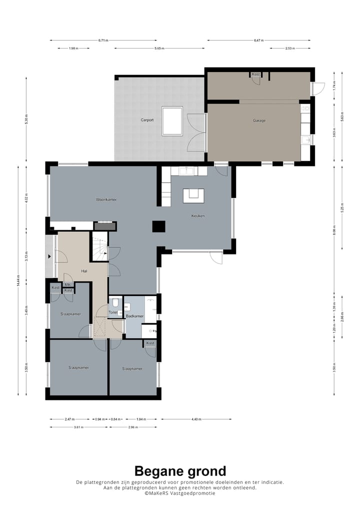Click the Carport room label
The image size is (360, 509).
(147, 120)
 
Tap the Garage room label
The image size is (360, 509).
(259, 120)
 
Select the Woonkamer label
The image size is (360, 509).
(106, 199)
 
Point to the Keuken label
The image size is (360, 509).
(198, 216)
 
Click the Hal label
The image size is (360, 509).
(85, 271)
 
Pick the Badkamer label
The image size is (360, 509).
(135, 316)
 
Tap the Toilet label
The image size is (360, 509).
(113, 312)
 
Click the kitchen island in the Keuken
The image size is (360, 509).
(193, 195)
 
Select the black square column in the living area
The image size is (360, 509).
(159, 226)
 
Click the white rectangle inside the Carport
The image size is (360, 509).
(172, 121)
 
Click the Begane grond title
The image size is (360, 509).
(180, 470)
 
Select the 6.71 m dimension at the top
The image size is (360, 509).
(103, 40)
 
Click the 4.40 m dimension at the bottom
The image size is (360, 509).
(195, 419)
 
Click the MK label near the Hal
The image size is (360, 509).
(68, 284)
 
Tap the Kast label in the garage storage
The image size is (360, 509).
(256, 74)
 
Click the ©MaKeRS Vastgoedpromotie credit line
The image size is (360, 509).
(180, 493)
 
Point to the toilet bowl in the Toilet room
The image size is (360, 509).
(115, 302)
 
